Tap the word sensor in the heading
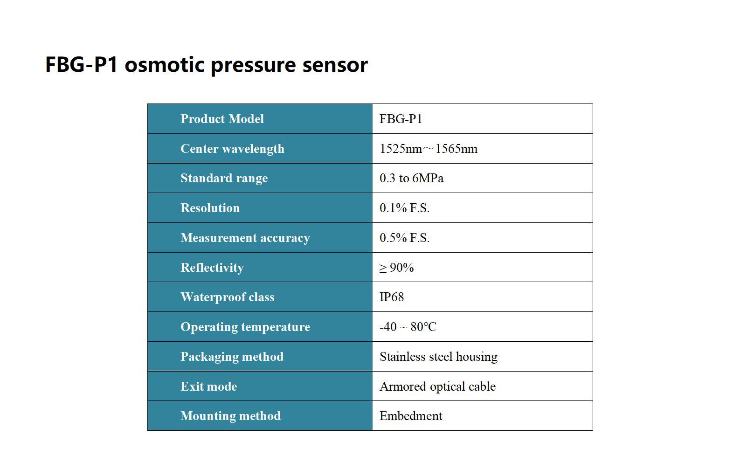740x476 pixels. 335,64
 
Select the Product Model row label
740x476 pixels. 222,119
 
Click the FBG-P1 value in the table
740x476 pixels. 401,119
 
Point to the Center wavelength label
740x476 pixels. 232,149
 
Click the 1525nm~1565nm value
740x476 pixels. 429,149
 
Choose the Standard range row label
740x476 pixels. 224,178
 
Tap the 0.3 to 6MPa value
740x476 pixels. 411,178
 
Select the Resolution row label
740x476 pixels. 210,208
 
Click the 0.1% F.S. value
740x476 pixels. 404,208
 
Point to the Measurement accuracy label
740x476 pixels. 245,238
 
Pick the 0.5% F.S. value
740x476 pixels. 404,238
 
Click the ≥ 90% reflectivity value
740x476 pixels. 396,268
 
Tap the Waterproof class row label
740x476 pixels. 227,297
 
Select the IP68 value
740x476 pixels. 392,297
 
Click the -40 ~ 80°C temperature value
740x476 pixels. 408,327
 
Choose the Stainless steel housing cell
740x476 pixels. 438,357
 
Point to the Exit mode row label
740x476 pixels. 208,386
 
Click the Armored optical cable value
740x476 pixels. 437,386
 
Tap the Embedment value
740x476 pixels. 411,416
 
